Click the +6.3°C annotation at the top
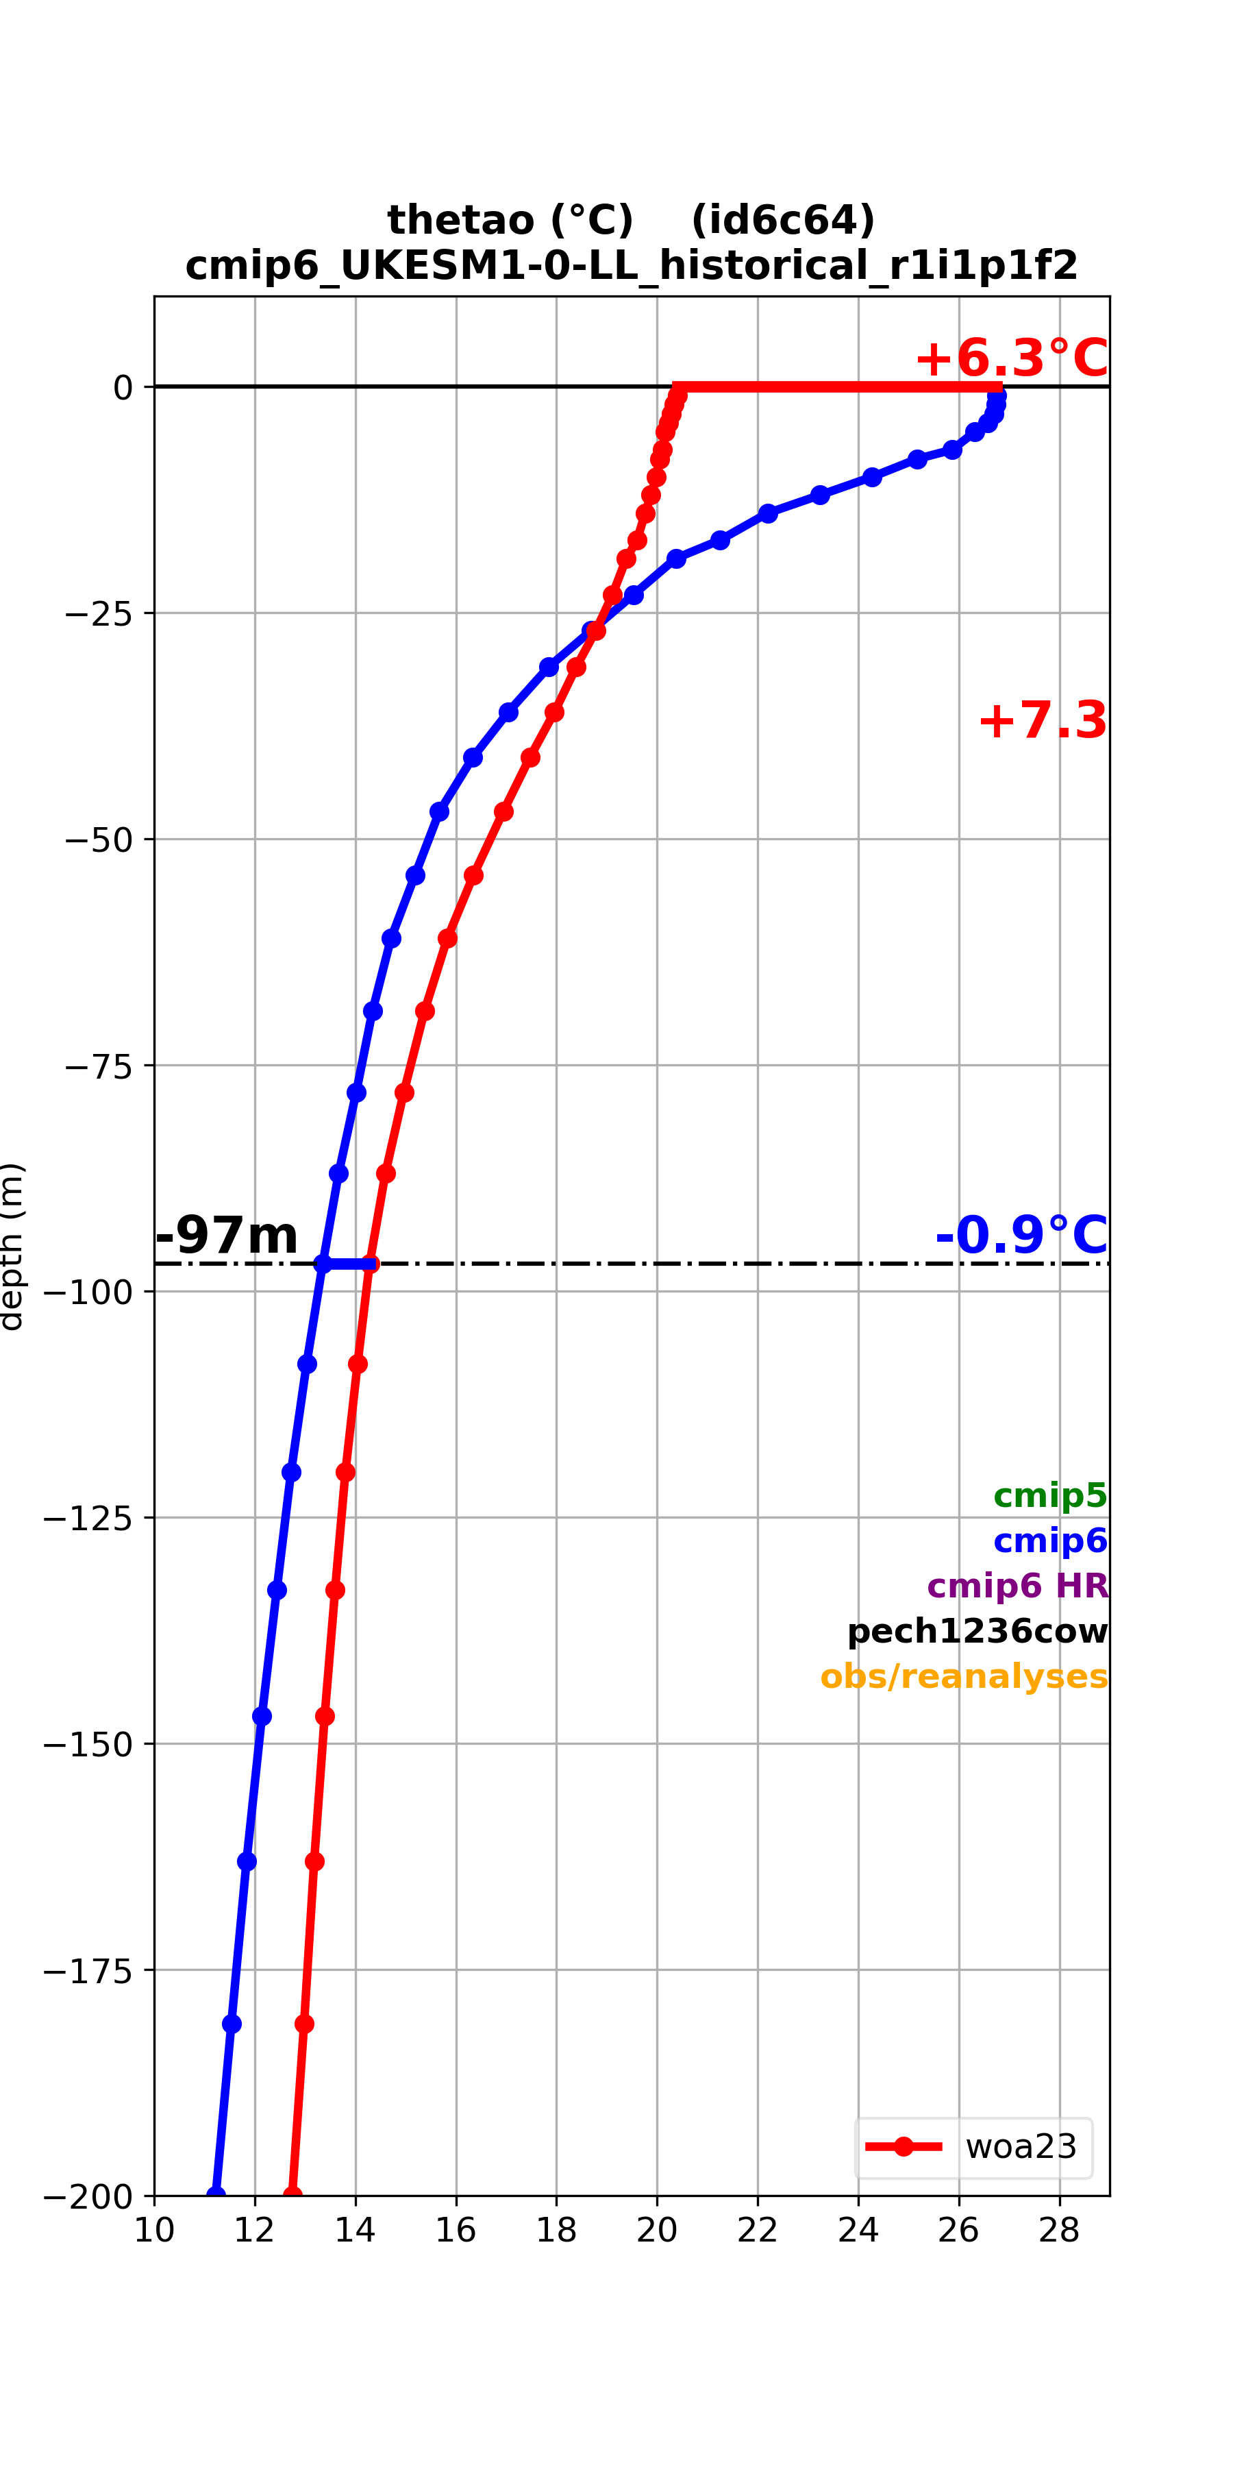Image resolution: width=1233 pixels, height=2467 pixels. click(x=1011, y=358)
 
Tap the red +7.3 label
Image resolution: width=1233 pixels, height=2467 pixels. click(x=1043, y=720)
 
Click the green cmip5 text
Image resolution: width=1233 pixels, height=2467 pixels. click(x=1050, y=1495)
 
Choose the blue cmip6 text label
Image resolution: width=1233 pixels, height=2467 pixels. click(x=1050, y=1540)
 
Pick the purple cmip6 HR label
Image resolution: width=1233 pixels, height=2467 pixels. click(x=1018, y=1586)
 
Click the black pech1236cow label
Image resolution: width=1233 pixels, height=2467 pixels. click(x=977, y=1631)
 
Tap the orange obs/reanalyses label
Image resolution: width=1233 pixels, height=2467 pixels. click(x=964, y=1676)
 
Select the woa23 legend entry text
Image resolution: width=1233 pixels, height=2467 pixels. click(x=1021, y=2146)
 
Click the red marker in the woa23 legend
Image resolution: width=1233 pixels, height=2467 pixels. click(x=903, y=2146)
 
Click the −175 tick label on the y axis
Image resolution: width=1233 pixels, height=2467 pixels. click(x=87, y=1970)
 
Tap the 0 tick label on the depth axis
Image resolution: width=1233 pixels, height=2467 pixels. click(x=123, y=388)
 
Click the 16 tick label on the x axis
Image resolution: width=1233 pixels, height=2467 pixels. click(x=456, y=2231)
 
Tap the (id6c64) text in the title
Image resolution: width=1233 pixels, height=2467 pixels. click(x=783, y=220)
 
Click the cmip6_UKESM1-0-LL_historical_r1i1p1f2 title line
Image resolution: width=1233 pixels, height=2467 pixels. click(x=632, y=265)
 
